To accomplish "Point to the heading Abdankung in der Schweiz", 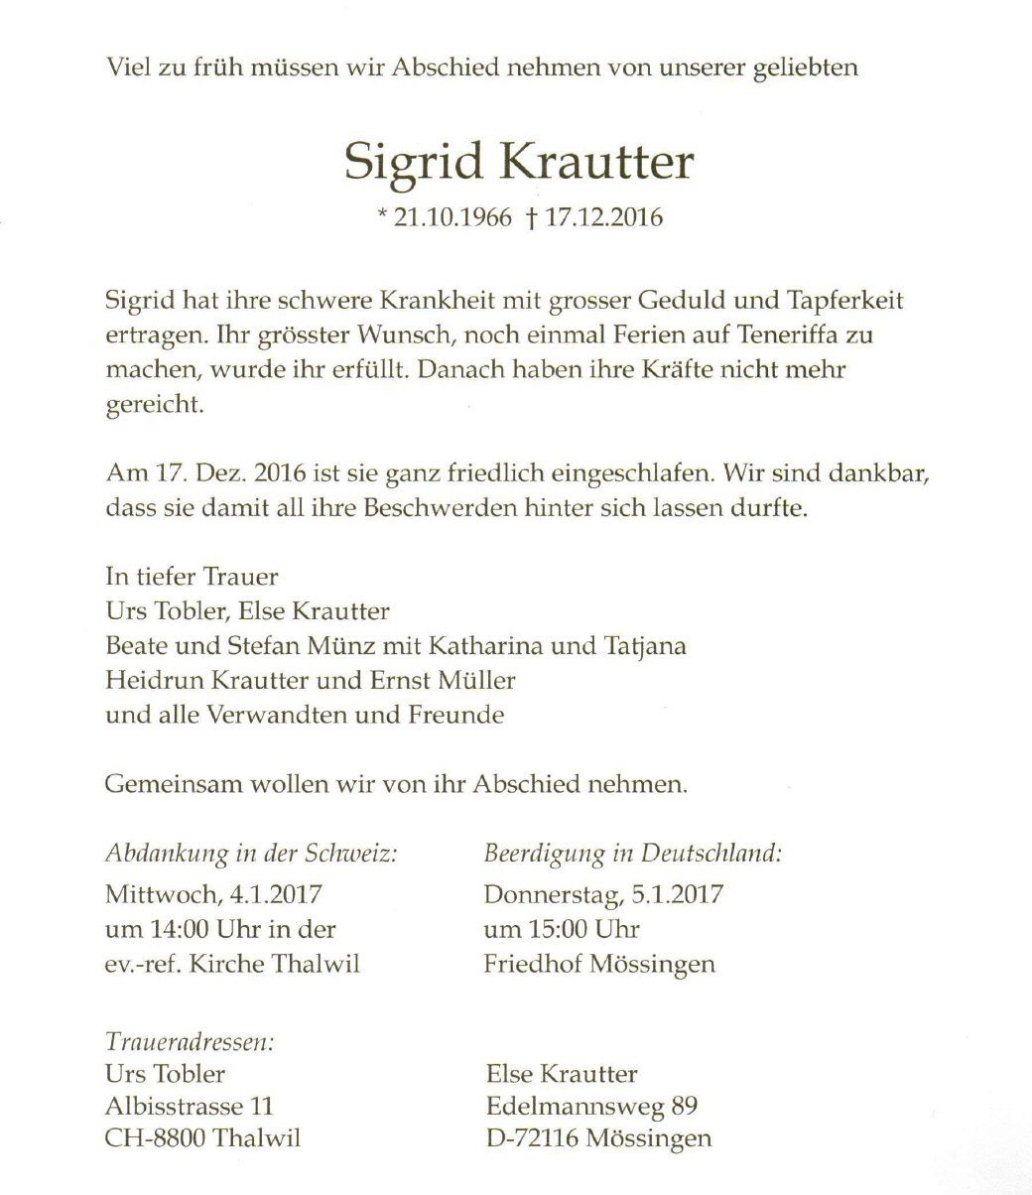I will [x=252, y=854].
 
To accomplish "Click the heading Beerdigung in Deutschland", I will [x=632, y=854].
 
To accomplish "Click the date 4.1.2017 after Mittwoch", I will [x=276, y=894].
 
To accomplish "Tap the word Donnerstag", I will [x=552, y=894].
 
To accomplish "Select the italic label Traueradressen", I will [x=190, y=1041].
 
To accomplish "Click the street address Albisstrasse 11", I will [x=189, y=1106].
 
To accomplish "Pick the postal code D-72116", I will [x=532, y=1138].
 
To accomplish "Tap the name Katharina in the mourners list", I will [x=486, y=647].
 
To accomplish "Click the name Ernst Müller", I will [x=462, y=681].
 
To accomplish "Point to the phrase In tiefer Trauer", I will [x=192, y=577].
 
